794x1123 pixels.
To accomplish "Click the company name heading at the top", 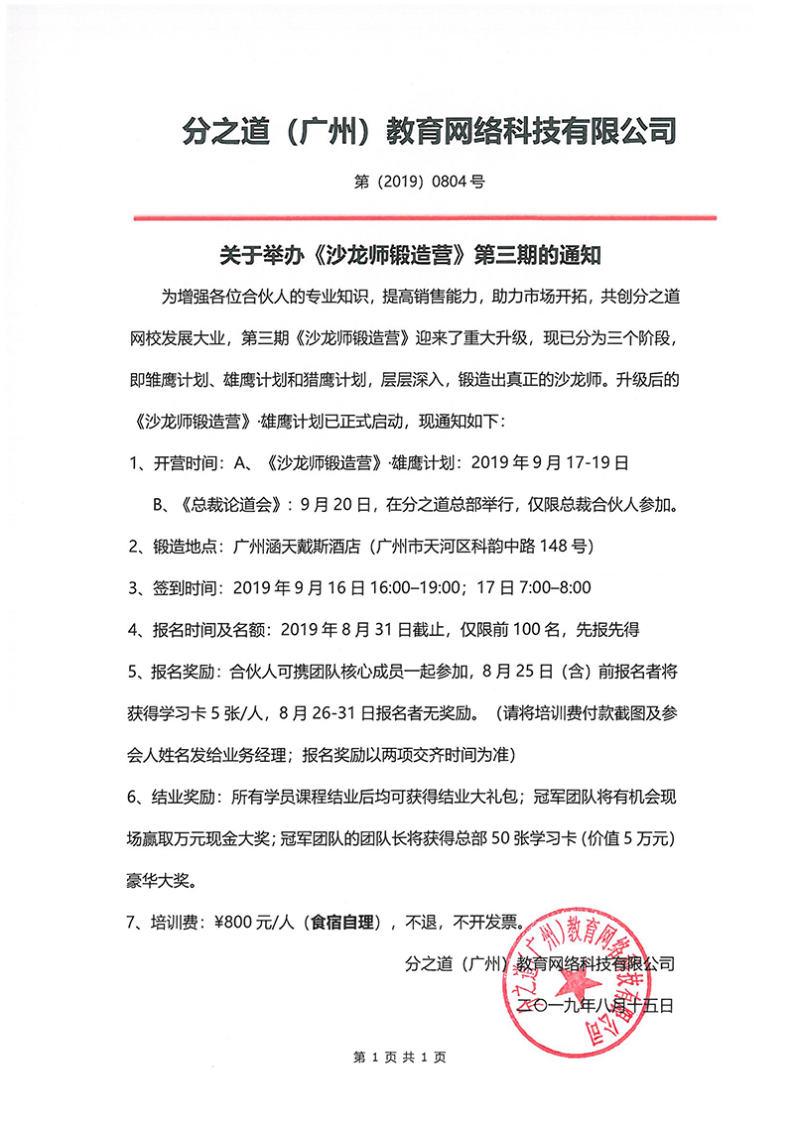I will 431,130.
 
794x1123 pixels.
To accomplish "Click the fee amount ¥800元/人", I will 252,922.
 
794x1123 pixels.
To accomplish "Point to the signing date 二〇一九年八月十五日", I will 596,1005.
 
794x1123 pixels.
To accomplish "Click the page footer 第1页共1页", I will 399,1058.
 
